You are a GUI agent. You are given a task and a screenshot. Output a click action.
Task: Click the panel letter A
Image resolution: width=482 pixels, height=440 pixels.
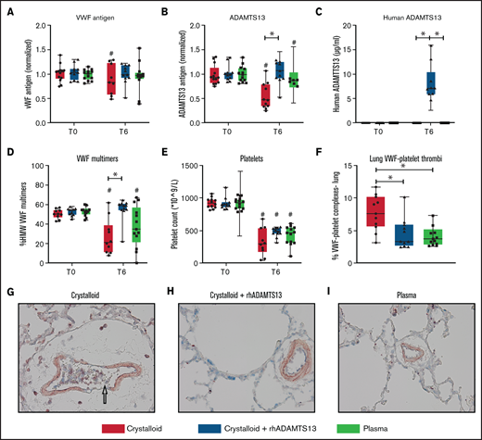click(x=8, y=11)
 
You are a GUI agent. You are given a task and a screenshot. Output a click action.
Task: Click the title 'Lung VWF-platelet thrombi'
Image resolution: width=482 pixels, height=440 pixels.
click(x=408, y=157)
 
